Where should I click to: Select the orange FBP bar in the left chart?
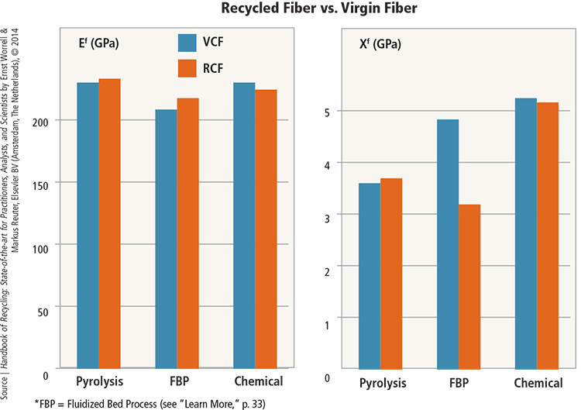pos(187,233)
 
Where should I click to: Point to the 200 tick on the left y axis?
pos(42,121)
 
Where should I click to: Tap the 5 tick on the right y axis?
pos(328,112)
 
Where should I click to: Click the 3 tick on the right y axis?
pos(328,216)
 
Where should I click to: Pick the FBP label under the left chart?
pos(177,381)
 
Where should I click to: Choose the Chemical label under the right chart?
pos(538,384)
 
